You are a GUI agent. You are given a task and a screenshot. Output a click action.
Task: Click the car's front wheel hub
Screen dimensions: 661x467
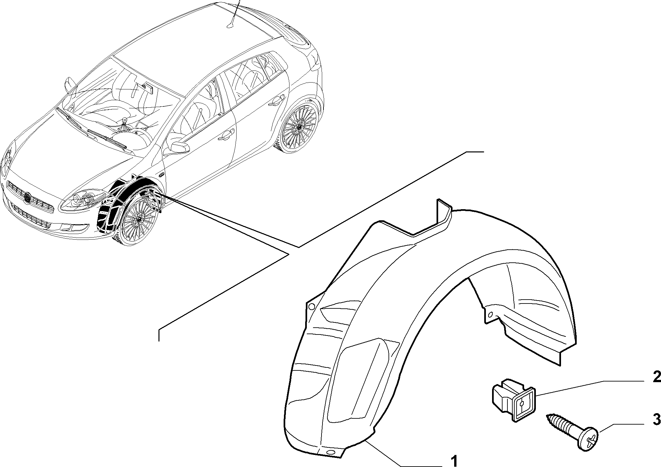click(139, 220)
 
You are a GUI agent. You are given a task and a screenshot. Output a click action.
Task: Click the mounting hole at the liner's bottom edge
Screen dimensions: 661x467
click(331, 452)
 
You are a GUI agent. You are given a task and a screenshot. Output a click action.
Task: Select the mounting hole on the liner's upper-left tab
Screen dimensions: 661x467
click(311, 306)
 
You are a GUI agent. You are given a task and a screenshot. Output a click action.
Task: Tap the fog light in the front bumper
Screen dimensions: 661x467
click(70, 227)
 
